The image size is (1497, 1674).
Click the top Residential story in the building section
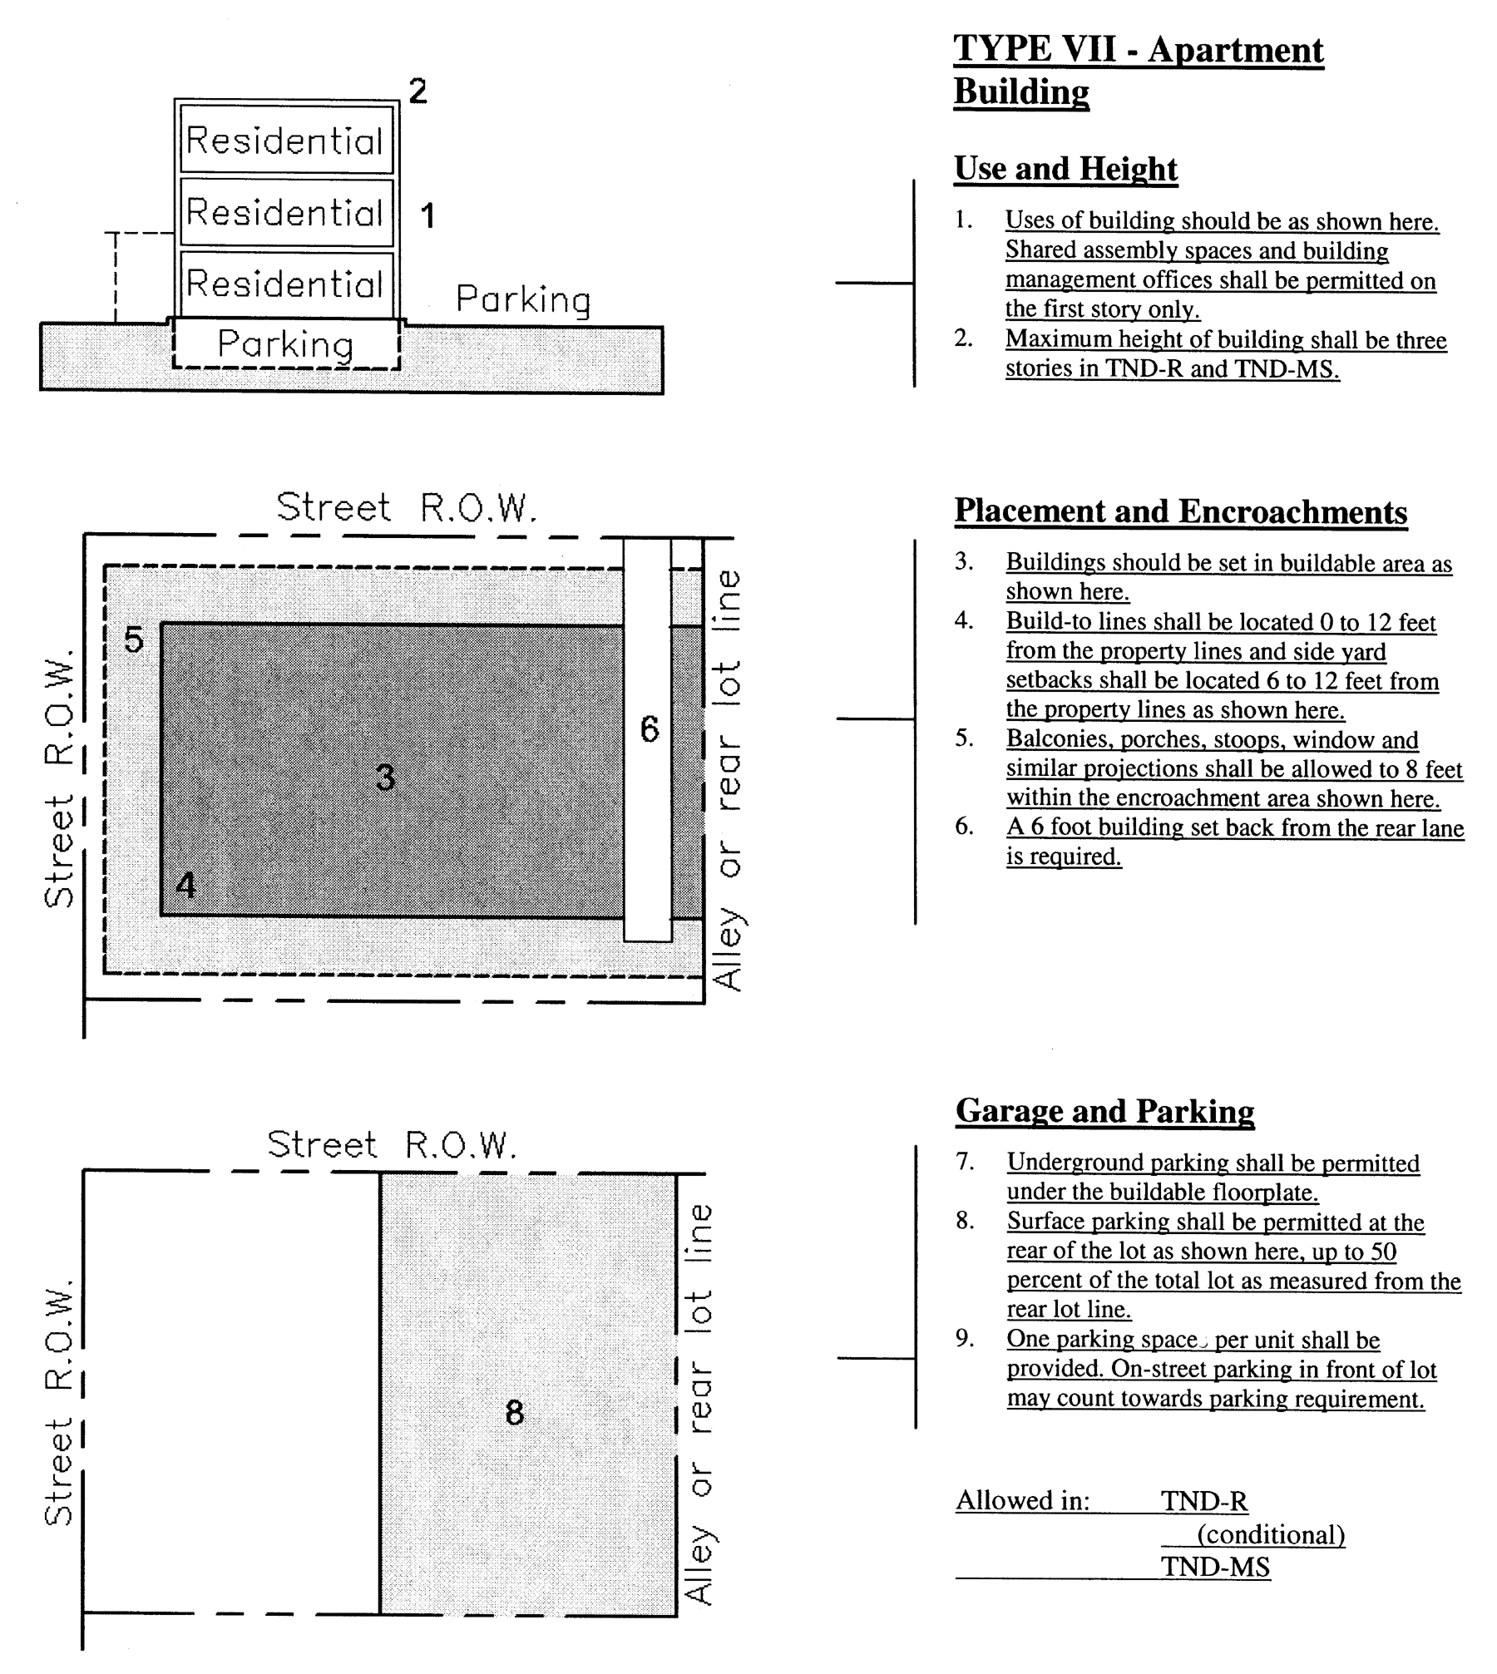[x=285, y=140]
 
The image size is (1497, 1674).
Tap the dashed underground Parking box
[x=285, y=343]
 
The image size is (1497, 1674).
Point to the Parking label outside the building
[x=523, y=299]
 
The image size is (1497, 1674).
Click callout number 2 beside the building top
[x=417, y=91]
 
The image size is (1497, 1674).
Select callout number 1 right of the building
[x=427, y=216]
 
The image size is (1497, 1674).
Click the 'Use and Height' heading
[x=1065, y=169]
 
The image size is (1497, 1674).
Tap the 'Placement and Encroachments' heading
[x=1180, y=511]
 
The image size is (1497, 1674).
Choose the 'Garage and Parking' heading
[x=1104, y=1111]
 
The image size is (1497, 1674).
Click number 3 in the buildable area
[x=385, y=778]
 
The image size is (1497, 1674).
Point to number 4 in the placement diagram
[x=186, y=886]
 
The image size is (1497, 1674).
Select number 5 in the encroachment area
[x=134, y=639]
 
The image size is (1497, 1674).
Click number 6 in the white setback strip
[x=650, y=729]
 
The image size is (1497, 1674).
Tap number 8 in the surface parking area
[x=515, y=1412]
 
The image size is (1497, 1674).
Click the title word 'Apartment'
[x=1235, y=50]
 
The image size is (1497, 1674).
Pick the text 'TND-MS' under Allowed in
[x=1215, y=1567]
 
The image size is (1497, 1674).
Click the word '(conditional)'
[x=1270, y=1534]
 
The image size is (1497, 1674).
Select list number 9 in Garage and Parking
[x=964, y=1339]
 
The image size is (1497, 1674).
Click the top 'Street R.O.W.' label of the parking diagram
[x=392, y=1145]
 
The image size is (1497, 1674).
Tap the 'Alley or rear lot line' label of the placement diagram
[x=728, y=779]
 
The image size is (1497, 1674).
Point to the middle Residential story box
[x=285, y=212]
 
